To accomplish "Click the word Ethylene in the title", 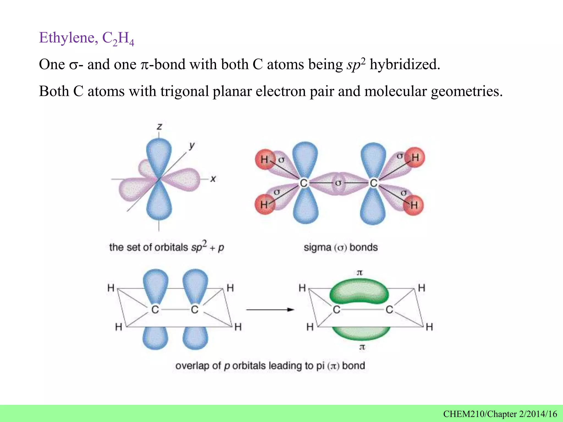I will click(x=67, y=38).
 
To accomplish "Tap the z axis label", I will click(x=159, y=127).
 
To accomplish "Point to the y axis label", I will click(x=192, y=145).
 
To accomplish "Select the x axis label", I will click(x=213, y=179).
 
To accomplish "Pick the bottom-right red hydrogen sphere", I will click(x=413, y=205).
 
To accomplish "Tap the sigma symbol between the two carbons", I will click(x=338, y=182).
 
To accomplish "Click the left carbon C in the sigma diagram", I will click(x=303, y=183).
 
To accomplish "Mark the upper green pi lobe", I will click(x=359, y=291).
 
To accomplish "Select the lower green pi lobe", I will click(x=361, y=333).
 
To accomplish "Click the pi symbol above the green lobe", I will click(x=360, y=273).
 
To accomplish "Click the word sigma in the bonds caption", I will click(x=317, y=247).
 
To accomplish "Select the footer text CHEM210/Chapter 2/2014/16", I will click(x=500, y=414).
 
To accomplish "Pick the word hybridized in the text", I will click(x=404, y=65).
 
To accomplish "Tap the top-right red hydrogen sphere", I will click(x=415, y=157).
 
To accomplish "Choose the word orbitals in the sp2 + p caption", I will click(x=171, y=247).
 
